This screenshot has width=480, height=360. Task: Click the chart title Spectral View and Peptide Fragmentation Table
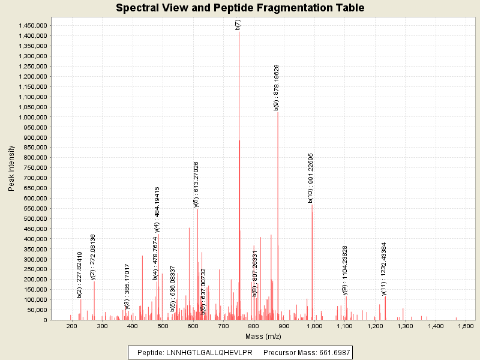tap(240, 8)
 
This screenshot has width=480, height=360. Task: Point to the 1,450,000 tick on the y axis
tap(30, 25)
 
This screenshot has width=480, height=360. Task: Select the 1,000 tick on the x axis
tap(314, 326)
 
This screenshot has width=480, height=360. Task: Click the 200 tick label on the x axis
tap(72, 326)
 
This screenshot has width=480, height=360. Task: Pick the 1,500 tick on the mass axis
tap(466, 326)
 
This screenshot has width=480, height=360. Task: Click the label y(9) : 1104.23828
tap(345, 270)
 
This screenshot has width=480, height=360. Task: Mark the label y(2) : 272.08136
tap(93, 257)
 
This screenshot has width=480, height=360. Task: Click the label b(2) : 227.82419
tap(79, 274)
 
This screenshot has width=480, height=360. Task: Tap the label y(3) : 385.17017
tap(127, 278)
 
